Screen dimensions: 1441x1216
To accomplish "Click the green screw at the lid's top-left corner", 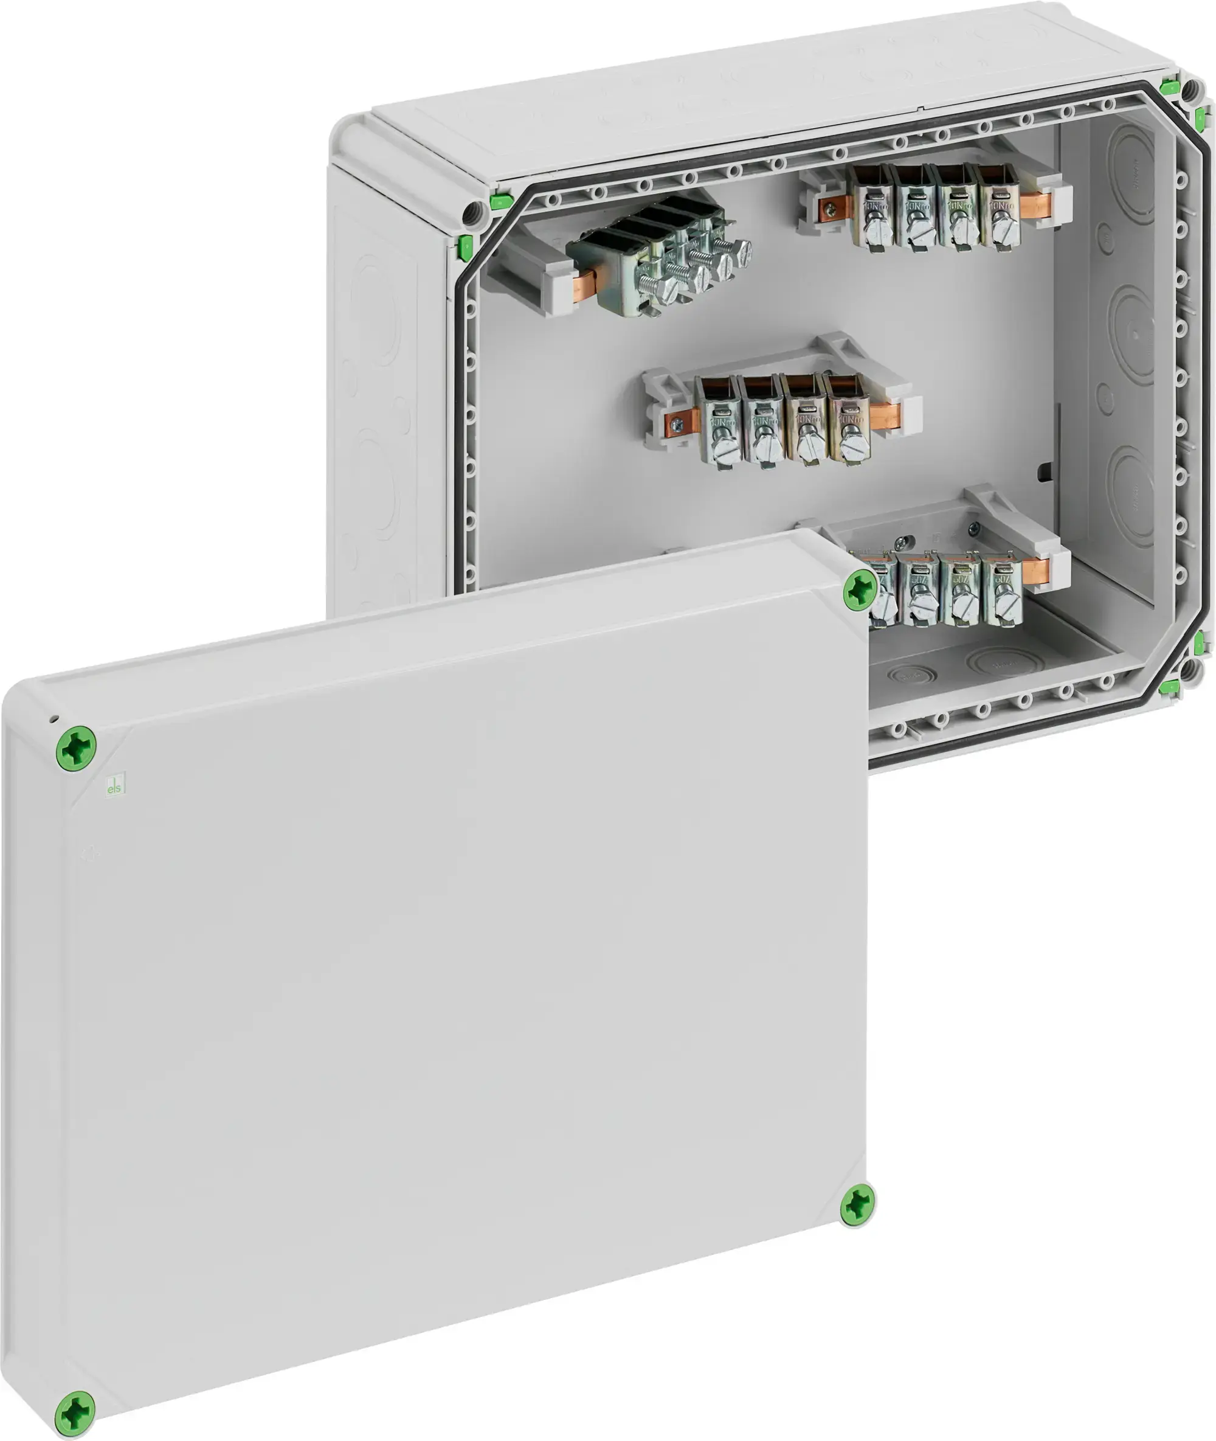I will point(76,747).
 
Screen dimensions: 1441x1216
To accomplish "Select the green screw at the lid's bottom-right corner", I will point(857,1204).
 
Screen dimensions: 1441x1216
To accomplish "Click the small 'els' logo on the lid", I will point(115,785).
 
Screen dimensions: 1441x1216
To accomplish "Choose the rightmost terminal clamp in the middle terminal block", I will point(848,419).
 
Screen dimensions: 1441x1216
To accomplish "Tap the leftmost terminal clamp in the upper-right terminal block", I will point(872,206).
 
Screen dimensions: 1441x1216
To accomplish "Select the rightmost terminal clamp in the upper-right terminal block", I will point(999,205).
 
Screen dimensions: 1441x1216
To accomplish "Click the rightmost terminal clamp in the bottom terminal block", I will point(1003,590).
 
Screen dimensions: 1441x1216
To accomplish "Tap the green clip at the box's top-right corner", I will point(1169,87).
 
